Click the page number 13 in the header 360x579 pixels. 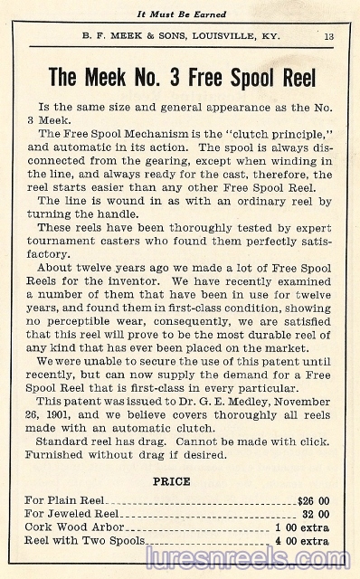pos(328,36)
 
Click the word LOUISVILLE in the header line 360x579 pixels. pos(223,36)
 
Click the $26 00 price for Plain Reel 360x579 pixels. pos(313,498)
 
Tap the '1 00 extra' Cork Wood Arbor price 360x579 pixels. pos(301,527)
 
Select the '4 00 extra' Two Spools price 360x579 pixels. pos(301,541)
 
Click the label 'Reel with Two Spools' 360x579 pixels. pos(85,541)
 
